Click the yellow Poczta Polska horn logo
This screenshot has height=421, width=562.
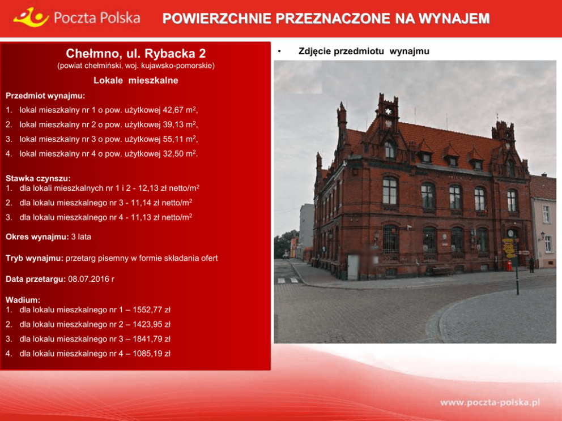[31, 17]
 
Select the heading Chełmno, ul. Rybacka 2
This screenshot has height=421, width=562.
[136, 53]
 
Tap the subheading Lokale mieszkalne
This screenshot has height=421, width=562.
[136, 80]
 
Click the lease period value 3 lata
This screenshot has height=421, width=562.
[81, 237]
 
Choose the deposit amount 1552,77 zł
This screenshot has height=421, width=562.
[151, 310]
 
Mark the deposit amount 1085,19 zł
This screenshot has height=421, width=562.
[151, 353]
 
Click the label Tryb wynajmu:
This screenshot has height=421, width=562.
[35, 258]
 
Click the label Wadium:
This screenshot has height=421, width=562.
[23, 300]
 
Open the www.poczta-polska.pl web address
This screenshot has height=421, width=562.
[490, 402]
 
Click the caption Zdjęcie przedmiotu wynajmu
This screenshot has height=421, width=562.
[364, 51]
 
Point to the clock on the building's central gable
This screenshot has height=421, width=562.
[388, 111]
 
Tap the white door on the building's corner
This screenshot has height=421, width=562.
[353, 267]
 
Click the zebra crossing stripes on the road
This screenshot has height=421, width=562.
[288, 280]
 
